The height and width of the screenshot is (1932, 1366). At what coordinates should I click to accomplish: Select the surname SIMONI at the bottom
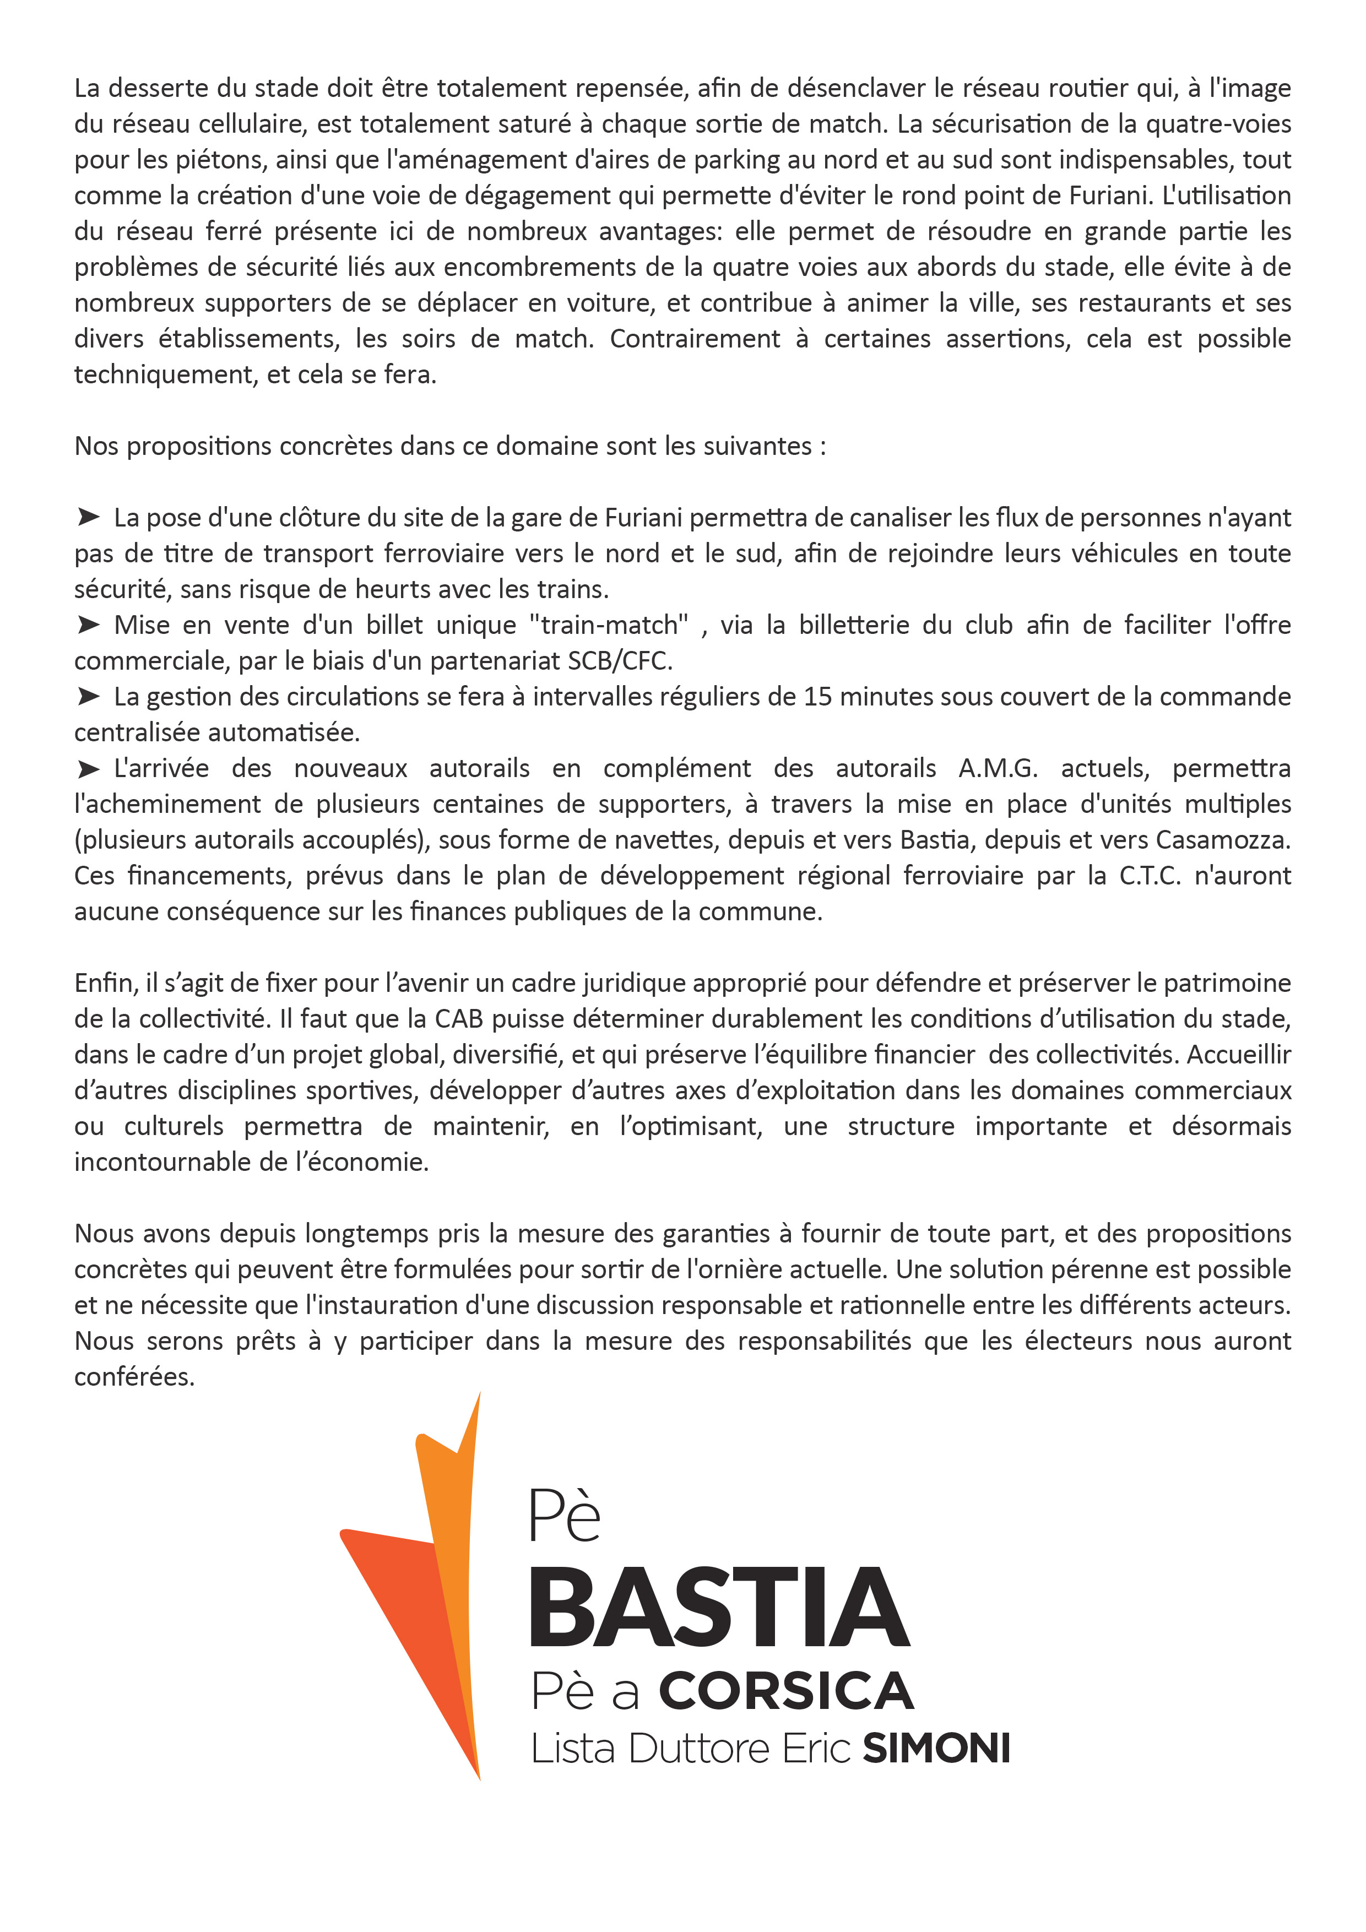[x=936, y=1749]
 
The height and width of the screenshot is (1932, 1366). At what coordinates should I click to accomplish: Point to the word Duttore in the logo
[x=698, y=1749]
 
